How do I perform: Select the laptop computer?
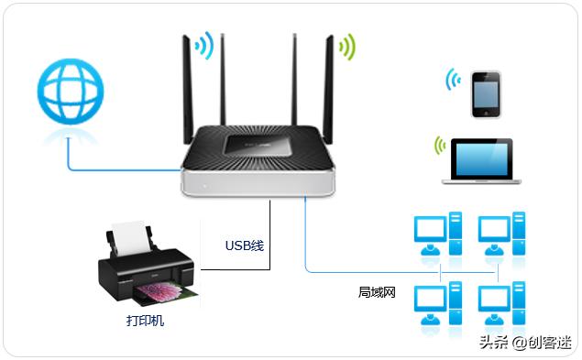pos(481,160)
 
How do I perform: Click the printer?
pos(147,270)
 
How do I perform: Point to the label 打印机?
pos(146,322)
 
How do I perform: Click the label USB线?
pos(244,245)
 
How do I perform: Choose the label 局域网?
pos(376,292)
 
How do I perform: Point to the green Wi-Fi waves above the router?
pos(346,45)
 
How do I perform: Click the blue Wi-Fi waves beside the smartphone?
pos(454,82)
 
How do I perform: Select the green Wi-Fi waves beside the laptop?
pos(441,146)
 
